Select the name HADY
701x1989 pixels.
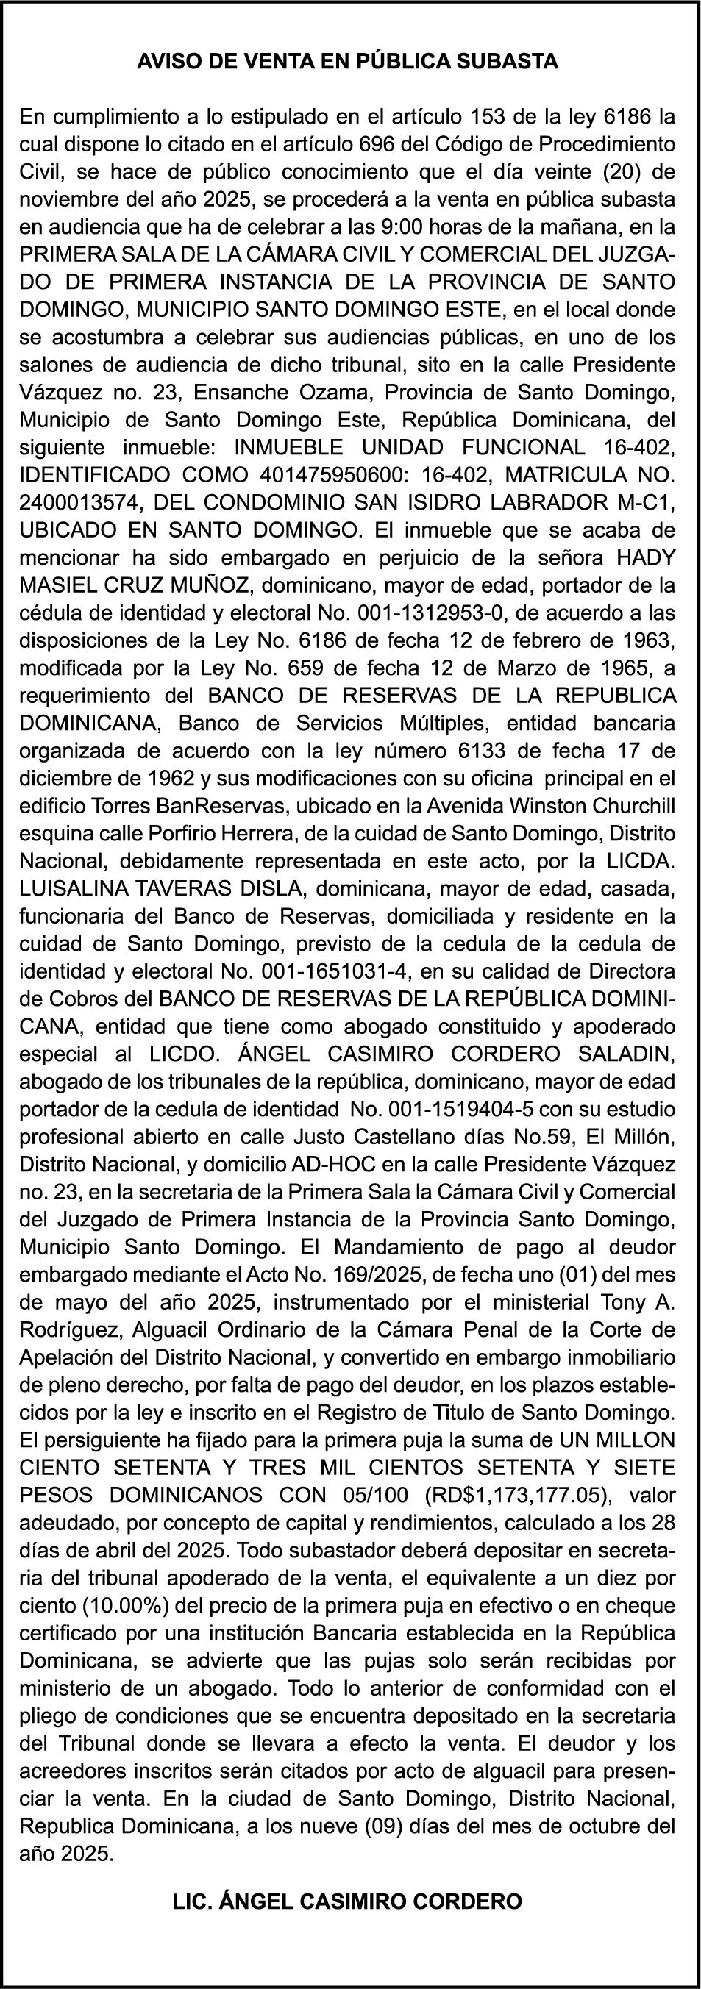(x=645, y=557)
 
